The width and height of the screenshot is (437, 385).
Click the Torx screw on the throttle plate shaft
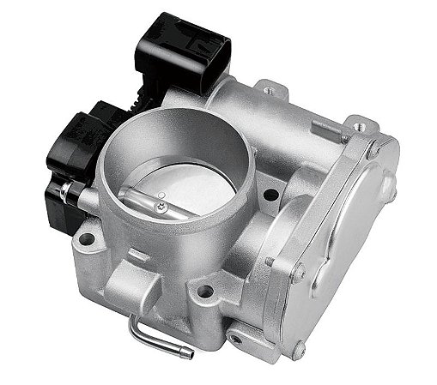161,203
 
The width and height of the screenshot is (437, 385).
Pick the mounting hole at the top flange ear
269,89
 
